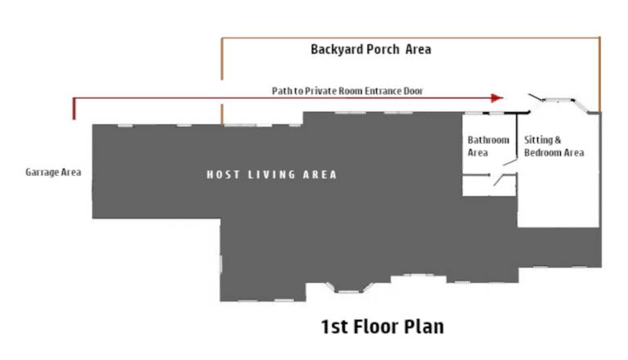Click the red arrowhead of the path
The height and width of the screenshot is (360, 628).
(x=497, y=98)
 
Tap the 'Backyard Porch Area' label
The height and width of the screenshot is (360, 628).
(x=371, y=49)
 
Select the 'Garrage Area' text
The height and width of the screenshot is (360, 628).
(x=53, y=172)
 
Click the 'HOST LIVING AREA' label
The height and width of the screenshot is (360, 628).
(x=271, y=175)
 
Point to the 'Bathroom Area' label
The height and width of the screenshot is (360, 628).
(x=488, y=146)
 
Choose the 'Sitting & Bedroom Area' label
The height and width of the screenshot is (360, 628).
(x=554, y=146)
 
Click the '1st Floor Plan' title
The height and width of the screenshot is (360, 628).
(x=383, y=326)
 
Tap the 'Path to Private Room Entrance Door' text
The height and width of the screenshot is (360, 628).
(x=348, y=91)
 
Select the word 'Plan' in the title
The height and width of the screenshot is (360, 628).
(x=424, y=326)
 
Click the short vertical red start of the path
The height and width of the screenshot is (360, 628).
(x=74, y=109)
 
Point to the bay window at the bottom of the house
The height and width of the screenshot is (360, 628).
(x=349, y=287)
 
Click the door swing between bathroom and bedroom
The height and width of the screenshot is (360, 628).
(x=510, y=162)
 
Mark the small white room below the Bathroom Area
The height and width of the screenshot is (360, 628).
(x=489, y=186)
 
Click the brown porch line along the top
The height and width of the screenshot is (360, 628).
(x=410, y=38)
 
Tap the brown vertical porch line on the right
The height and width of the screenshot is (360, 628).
(x=599, y=74)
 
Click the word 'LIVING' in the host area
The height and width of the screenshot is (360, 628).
(x=271, y=175)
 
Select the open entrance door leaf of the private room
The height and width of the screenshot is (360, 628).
(x=536, y=97)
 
